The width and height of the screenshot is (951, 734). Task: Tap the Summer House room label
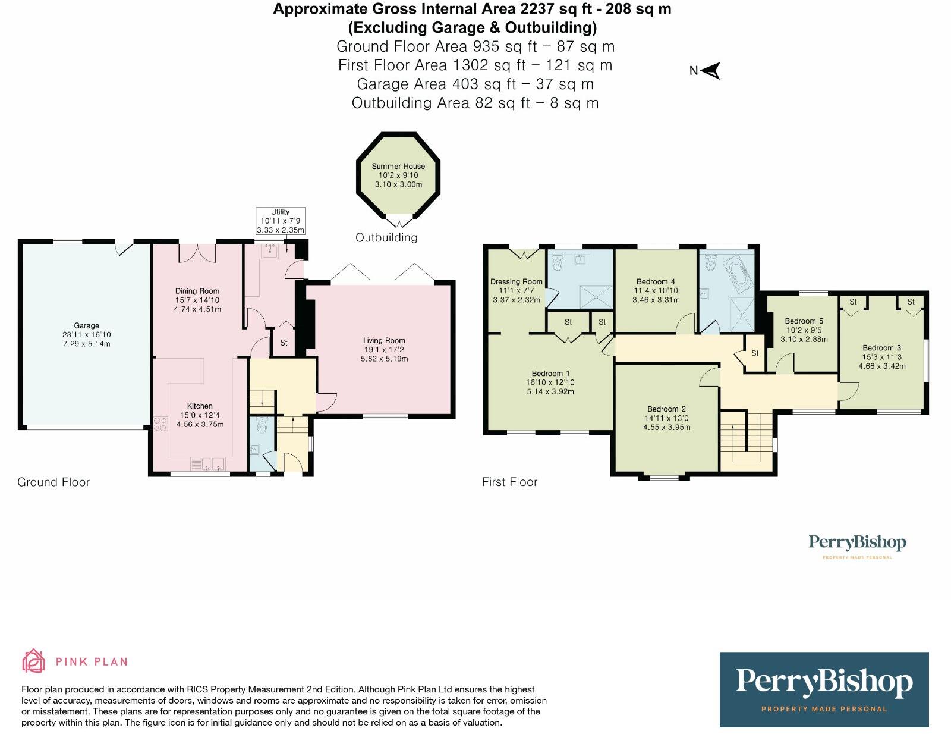click(398, 167)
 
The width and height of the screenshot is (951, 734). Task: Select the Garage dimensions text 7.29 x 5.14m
click(87, 344)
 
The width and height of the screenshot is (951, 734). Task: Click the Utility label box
click(281, 221)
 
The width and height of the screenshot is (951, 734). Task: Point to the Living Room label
click(384, 341)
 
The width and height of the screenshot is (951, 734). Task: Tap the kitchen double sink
click(207, 463)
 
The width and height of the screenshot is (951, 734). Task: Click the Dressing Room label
click(516, 281)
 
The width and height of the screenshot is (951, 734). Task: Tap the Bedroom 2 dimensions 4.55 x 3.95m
click(666, 427)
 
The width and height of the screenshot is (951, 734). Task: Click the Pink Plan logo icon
click(33, 661)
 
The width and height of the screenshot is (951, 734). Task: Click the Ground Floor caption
click(53, 482)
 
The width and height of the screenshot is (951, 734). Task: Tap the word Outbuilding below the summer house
click(386, 237)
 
